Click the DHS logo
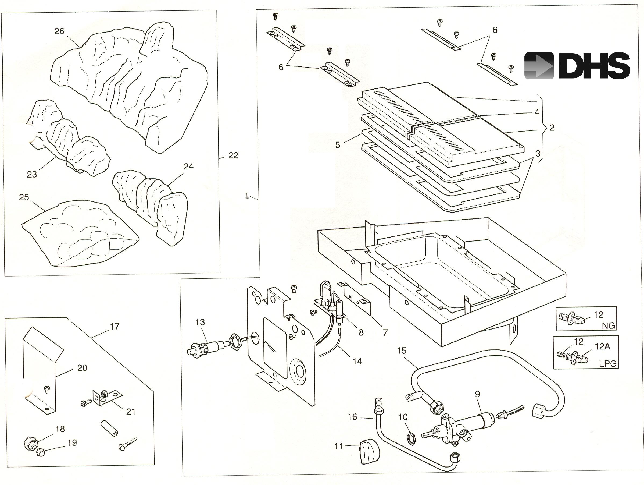click(577, 66)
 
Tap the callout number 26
click(59, 31)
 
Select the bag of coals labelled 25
click(78, 233)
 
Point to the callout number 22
click(233, 155)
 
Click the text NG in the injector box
click(608, 325)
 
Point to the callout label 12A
click(602, 346)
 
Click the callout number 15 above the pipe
click(402, 351)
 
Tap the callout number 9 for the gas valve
click(477, 394)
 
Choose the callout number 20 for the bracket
click(82, 368)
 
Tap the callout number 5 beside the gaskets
click(337, 145)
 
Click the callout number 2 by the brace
click(552, 128)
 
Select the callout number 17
click(115, 327)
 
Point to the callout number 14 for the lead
click(357, 361)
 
